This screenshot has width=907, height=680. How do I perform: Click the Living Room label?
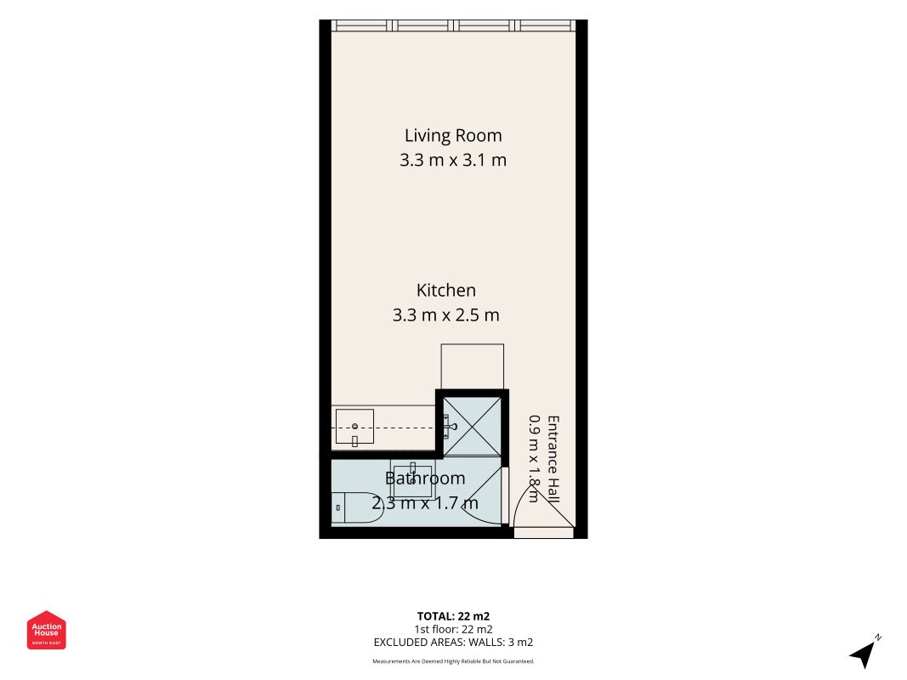tap(453, 136)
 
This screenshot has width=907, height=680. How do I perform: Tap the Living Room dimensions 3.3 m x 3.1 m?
tap(453, 160)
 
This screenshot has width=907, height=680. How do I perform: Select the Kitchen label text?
tap(446, 290)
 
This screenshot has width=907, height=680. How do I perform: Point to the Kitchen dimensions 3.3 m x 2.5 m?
tap(446, 315)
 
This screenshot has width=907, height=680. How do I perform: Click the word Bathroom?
tap(425, 479)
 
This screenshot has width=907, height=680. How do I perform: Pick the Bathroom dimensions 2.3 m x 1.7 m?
tap(425, 503)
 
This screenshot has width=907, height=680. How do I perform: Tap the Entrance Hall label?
tap(553, 459)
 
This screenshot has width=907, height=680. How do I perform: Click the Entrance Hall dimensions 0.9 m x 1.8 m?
tap(535, 459)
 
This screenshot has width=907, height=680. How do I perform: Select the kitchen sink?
tap(354, 428)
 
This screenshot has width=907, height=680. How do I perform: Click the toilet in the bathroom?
tap(354, 507)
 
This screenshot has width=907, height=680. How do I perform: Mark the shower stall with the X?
tap(472, 427)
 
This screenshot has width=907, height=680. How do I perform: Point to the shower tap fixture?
tap(450, 427)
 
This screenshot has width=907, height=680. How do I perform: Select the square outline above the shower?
tap(472, 367)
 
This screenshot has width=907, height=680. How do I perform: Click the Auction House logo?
tap(46, 630)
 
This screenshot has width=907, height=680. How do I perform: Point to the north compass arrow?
tap(863, 654)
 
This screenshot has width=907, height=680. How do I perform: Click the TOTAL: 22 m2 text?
tap(454, 616)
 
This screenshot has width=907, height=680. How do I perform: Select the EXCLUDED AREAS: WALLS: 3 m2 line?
tap(454, 643)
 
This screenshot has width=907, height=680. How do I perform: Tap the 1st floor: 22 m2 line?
tap(454, 630)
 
